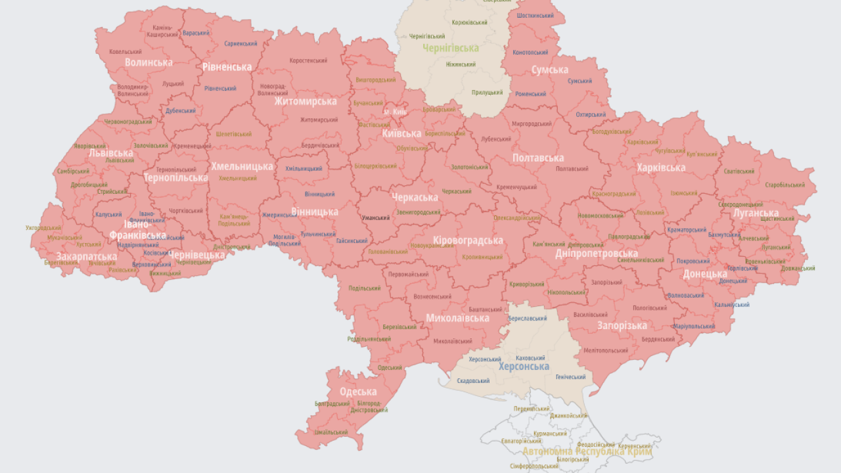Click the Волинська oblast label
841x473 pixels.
[148, 62]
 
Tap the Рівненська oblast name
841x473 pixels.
[227, 67]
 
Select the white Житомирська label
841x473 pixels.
[306, 101]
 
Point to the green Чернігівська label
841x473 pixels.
[451, 48]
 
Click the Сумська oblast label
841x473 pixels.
[550, 70]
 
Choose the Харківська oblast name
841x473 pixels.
[660, 168]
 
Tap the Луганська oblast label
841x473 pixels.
[756, 213]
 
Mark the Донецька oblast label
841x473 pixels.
[705, 274]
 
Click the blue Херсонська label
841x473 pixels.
[524, 367]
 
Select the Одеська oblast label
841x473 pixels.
[358, 392]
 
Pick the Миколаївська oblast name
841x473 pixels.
[457, 318]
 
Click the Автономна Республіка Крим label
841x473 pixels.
[587, 452]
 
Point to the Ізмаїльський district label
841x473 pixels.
[331, 432]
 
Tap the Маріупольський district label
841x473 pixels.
[694, 326]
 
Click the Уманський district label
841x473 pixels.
[376, 217]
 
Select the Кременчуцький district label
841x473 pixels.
[516, 187]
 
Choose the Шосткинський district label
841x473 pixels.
[535, 15]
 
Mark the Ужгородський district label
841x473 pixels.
[43, 228]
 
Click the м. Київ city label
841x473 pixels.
[396, 112]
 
